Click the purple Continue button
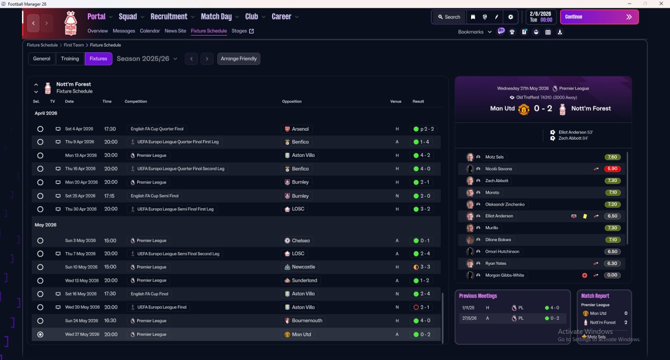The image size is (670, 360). coord(599,17)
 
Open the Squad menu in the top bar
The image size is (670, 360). coord(128,17)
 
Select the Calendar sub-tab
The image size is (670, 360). coord(150,31)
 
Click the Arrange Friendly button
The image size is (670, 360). coord(239,59)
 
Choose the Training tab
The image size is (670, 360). coord(70,59)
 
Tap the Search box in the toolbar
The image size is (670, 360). coord(449,17)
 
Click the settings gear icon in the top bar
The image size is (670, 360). coord(510,17)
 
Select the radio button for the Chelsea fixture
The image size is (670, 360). coord(40,241)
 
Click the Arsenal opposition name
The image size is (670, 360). coord(300,129)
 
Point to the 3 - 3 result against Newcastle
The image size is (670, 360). coord(425,267)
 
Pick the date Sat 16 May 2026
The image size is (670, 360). coord(82,294)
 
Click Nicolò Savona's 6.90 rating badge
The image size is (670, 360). coord(612,169)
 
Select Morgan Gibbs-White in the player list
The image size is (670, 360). coord(505,275)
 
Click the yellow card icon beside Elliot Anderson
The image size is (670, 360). coord(585,216)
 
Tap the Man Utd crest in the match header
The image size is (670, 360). coord(523,109)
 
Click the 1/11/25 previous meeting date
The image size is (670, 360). coord(468,308)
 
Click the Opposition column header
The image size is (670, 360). coord(292,102)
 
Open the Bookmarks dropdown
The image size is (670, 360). coord(475,32)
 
